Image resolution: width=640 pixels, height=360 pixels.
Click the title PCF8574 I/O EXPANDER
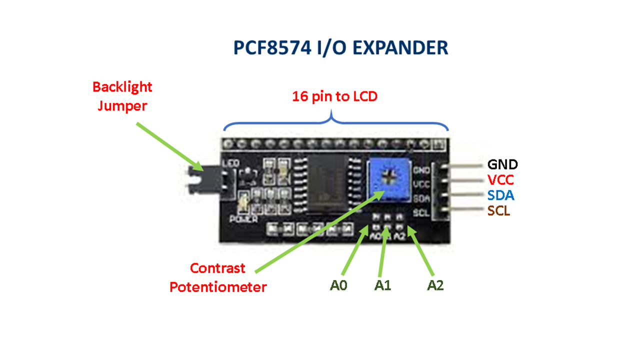(x=340, y=47)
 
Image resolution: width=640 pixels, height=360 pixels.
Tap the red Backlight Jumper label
(x=122, y=96)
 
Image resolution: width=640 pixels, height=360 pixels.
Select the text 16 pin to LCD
(x=334, y=96)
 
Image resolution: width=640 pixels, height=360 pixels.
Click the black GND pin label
(x=502, y=164)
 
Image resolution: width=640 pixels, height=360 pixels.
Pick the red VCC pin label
(x=500, y=179)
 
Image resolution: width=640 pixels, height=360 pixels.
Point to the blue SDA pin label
(x=500, y=195)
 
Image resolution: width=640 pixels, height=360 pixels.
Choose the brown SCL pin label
(x=499, y=211)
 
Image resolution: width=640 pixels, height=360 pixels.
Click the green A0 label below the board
(x=338, y=285)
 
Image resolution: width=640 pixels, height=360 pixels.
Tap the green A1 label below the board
(x=382, y=285)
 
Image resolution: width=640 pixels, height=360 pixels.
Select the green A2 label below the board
(x=435, y=285)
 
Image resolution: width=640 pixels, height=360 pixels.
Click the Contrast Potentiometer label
(x=218, y=277)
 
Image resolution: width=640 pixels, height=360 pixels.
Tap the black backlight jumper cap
(x=197, y=180)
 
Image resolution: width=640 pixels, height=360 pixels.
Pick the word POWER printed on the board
(x=243, y=219)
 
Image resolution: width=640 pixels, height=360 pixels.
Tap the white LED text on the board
(x=230, y=163)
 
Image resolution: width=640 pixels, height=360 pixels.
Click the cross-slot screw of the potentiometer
(x=390, y=176)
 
